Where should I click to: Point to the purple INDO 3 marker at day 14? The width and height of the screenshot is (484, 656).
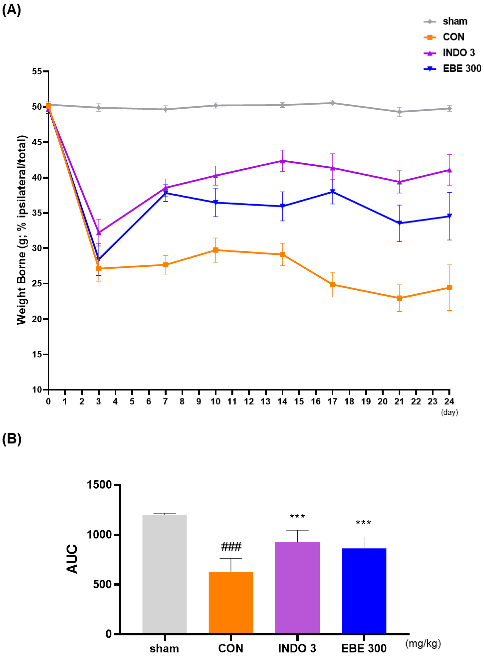click(x=282, y=161)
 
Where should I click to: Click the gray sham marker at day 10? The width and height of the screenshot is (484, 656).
click(x=216, y=106)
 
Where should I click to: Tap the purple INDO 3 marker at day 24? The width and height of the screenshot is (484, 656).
click(x=449, y=170)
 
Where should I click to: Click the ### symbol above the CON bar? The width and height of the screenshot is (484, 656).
click(x=231, y=547)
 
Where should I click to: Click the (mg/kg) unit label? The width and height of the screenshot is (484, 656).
click(x=423, y=644)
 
